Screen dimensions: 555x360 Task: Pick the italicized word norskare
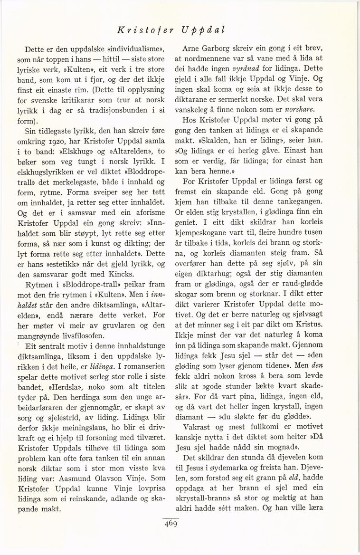point(327,111)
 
